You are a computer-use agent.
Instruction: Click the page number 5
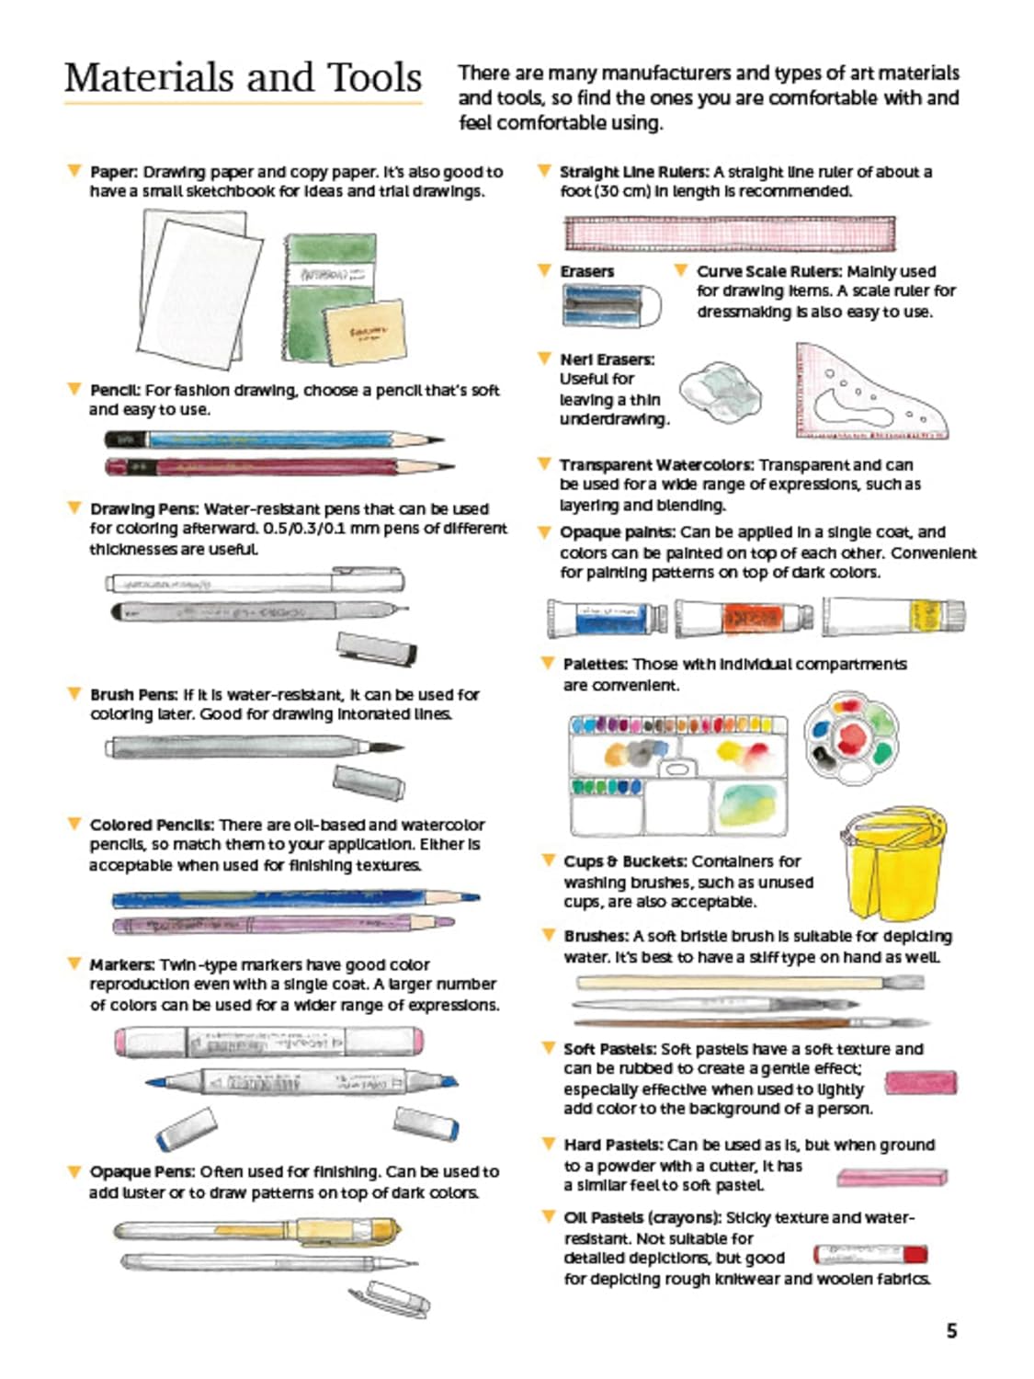[951, 1330]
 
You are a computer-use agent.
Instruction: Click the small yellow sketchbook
[365, 333]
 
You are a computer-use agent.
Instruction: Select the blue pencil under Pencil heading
[274, 439]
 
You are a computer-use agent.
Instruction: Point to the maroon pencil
[279, 467]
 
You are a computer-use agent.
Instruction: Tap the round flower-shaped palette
[851, 737]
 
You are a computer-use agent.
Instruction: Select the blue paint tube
[608, 618]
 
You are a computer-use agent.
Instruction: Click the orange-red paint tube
[744, 618]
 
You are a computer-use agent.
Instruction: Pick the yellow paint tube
[893, 616]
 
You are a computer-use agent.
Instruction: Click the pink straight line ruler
[730, 234]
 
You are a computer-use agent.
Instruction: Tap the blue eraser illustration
[611, 304]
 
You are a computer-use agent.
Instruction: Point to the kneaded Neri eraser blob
[720, 393]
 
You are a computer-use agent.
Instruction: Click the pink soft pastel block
[920, 1082]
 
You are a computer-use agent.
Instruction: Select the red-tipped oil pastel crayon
[869, 1255]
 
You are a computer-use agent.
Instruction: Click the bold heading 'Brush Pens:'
[134, 694]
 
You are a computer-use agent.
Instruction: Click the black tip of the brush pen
[387, 747]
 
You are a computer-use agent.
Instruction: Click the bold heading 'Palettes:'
[596, 664]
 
